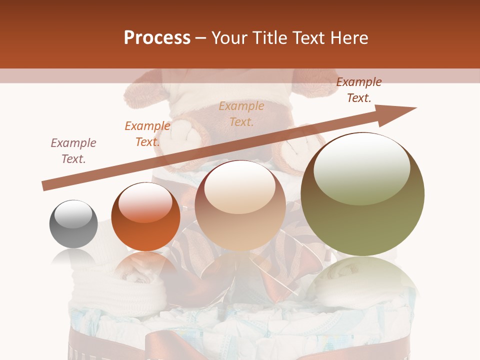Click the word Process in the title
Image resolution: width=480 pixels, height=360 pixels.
(157, 38)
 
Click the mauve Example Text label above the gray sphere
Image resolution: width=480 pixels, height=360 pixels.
(73, 151)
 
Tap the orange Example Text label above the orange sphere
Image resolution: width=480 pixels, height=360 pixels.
(147, 134)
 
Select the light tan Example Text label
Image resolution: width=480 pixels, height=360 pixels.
(241, 114)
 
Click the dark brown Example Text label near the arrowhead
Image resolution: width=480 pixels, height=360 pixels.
(358, 90)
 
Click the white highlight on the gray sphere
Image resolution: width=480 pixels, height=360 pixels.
(73, 214)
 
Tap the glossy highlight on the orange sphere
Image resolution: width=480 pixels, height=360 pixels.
(145, 202)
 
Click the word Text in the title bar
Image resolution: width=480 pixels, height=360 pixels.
(309, 38)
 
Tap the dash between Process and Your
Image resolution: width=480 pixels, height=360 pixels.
(200, 38)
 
